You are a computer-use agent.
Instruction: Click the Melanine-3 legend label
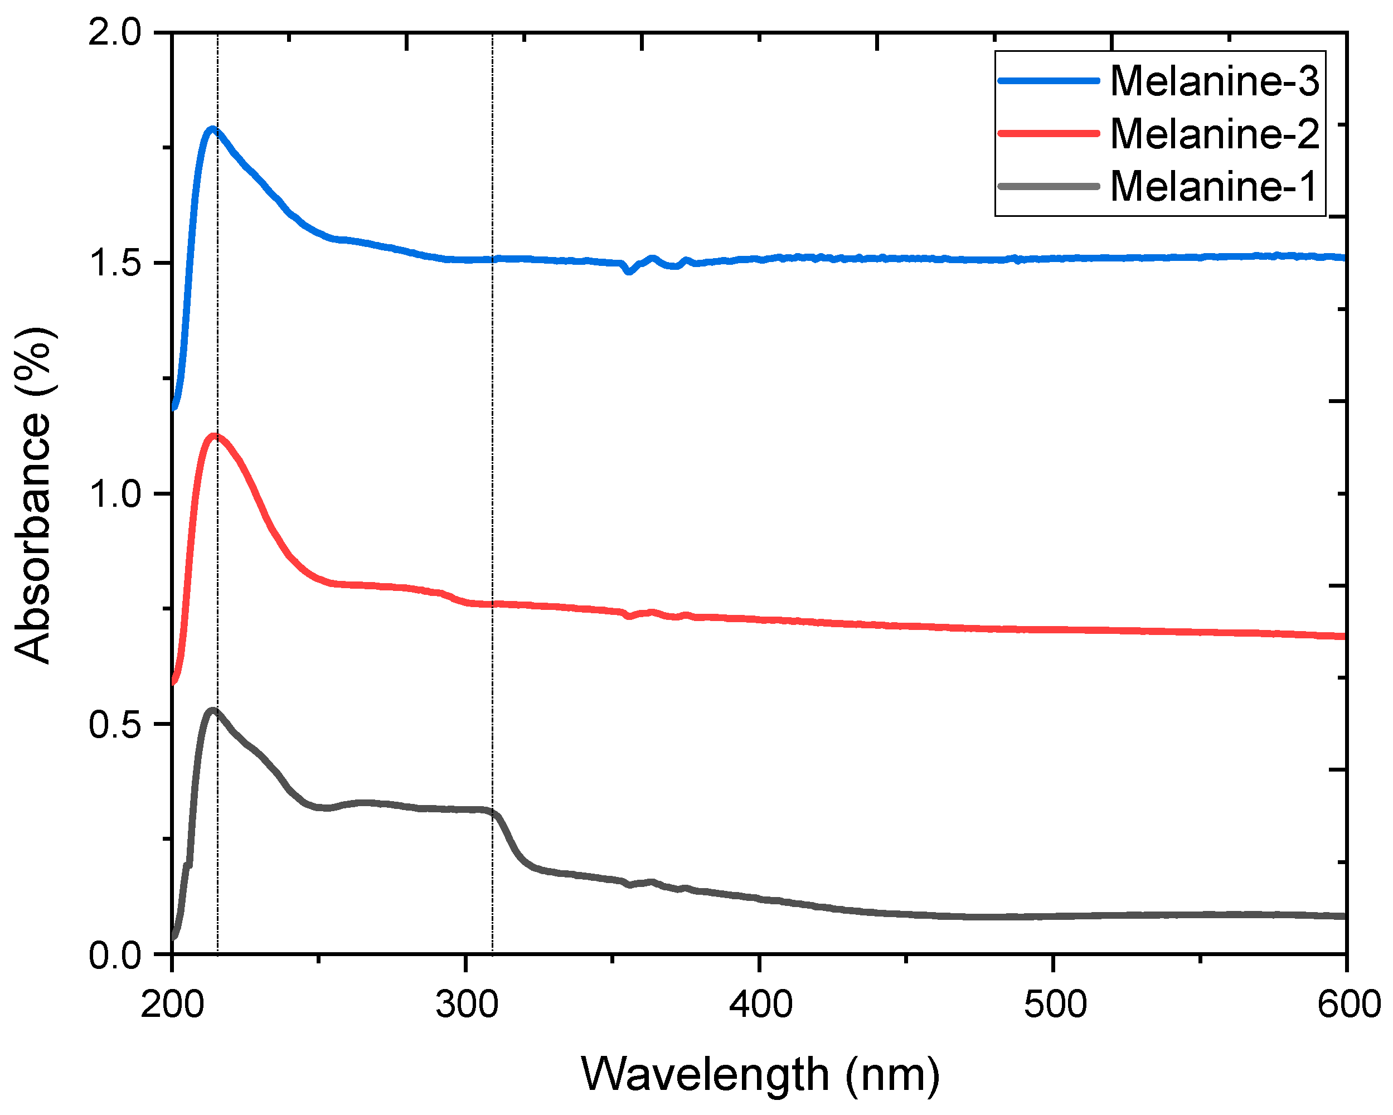click(x=1214, y=81)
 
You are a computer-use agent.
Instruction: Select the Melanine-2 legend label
click(x=1214, y=134)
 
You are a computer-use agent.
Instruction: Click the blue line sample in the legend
click(x=1048, y=81)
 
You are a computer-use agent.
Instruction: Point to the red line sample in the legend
click(x=1048, y=134)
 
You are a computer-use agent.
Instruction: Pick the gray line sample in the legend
click(x=1048, y=187)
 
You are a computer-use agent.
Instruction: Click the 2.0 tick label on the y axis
click(x=114, y=32)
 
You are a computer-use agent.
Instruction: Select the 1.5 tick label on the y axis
click(x=114, y=263)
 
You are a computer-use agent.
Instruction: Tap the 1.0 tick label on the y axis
click(x=114, y=494)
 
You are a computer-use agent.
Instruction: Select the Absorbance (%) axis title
click(x=32, y=495)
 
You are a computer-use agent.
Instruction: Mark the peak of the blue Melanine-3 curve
click(x=212, y=129)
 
